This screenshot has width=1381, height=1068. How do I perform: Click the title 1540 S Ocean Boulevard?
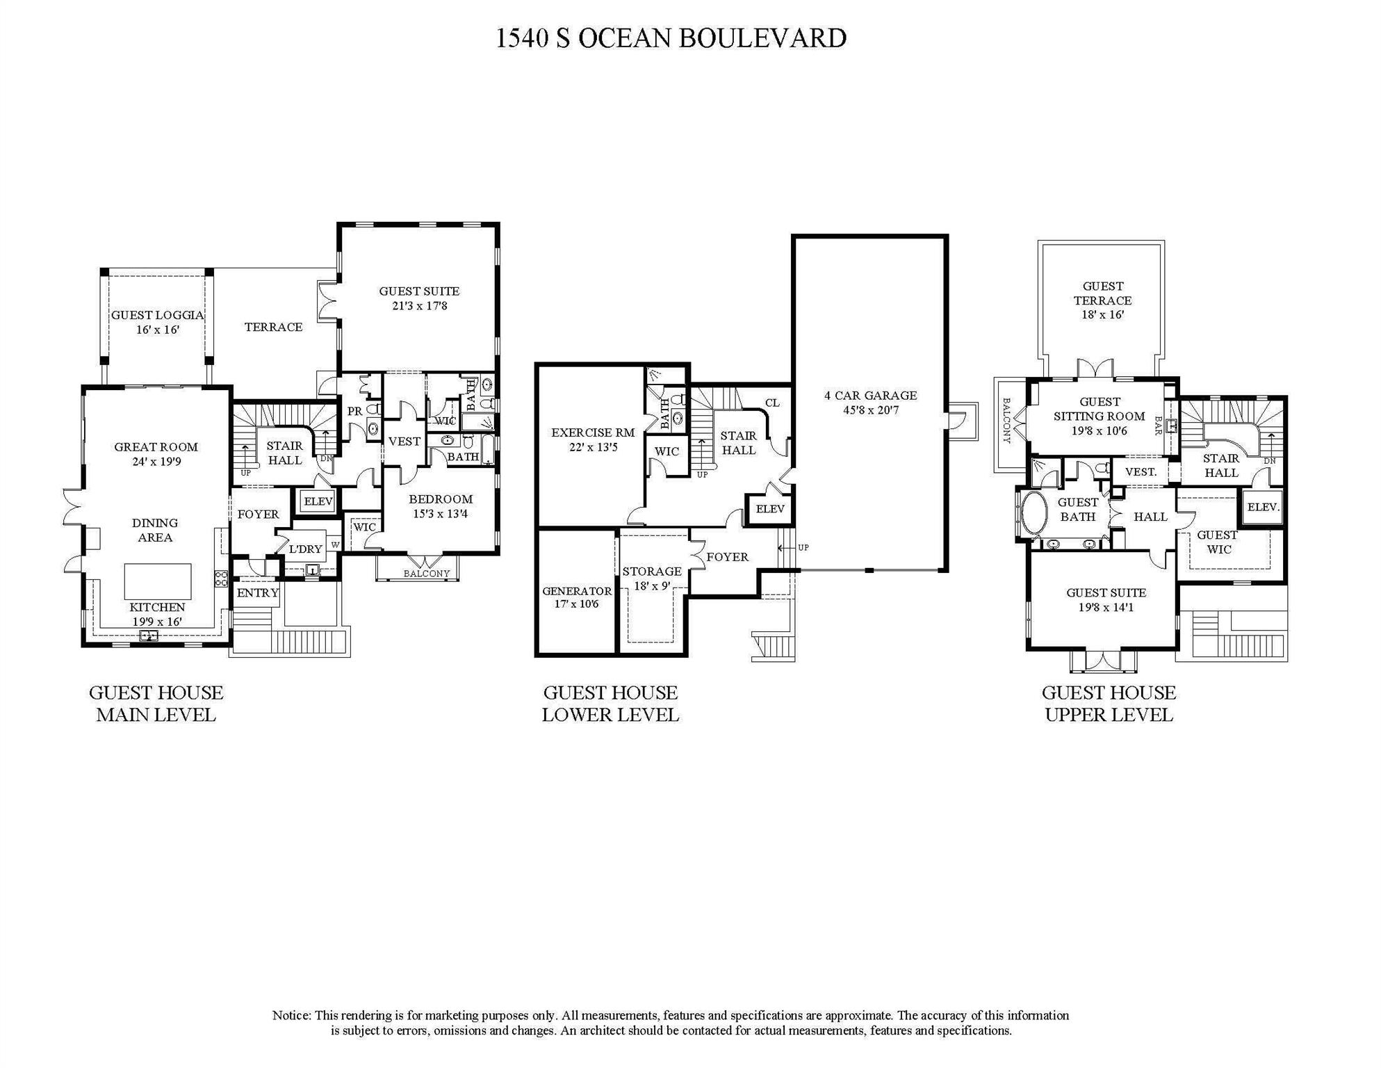(671, 38)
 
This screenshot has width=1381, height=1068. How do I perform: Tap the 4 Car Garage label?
(870, 396)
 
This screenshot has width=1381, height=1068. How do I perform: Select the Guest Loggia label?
(158, 315)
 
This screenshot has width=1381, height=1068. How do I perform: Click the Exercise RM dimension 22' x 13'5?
(593, 448)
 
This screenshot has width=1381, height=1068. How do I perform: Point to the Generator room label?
(577, 591)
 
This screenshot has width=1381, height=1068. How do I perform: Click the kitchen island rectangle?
(157, 582)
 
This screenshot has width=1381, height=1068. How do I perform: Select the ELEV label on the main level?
(318, 501)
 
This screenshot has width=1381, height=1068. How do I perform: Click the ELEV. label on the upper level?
(1263, 508)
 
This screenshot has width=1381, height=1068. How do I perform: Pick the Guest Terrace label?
(1102, 293)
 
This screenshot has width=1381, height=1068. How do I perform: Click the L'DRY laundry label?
(306, 549)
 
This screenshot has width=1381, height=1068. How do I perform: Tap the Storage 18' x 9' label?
(651, 578)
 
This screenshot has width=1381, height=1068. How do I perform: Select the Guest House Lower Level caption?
(610, 704)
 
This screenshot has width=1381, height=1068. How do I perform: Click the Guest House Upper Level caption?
(1109, 704)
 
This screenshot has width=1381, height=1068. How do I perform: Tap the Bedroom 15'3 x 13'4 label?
(440, 506)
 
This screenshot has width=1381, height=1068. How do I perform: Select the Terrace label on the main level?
(273, 327)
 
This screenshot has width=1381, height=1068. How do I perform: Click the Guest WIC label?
(1217, 542)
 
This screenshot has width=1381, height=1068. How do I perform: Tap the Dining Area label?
(155, 530)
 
